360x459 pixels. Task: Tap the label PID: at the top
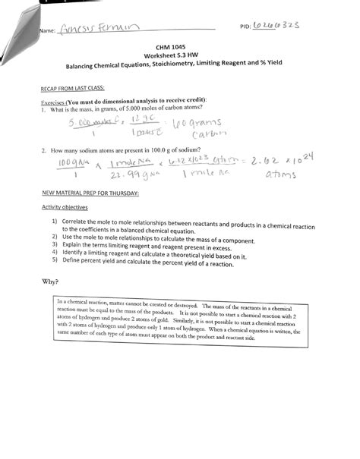click(x=245, y=26)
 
